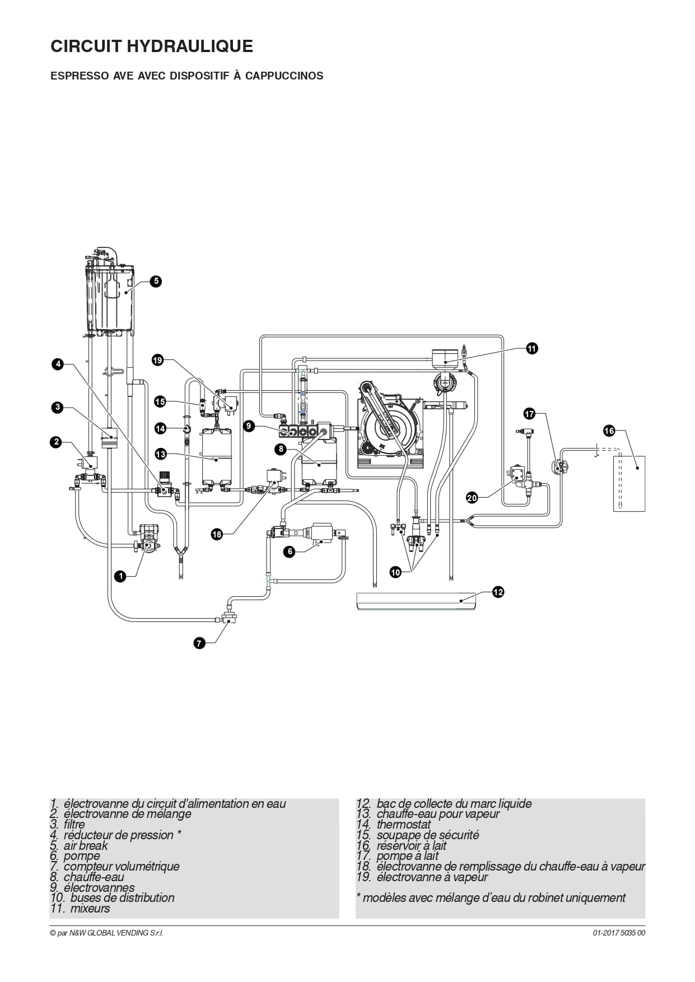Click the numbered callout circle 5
[x=156, y=281]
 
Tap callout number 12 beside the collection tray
[x=498, y=591]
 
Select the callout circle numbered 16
[x=609, y=431]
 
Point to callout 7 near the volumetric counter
[x=199, y=643]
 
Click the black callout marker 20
[x=472, y=497]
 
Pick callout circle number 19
[x=157, y=360]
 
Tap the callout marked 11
[x=531, y=348]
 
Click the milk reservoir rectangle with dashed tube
[x=629, y=483]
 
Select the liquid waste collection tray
[x=416, y=601]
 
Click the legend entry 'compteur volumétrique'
[x=115, y=866]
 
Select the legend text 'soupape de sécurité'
[x=418, y=835]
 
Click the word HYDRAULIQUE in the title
[x=190, y=46]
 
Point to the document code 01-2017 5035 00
[x=619, y=933]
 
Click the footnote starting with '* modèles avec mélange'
[x=491, y=898]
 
